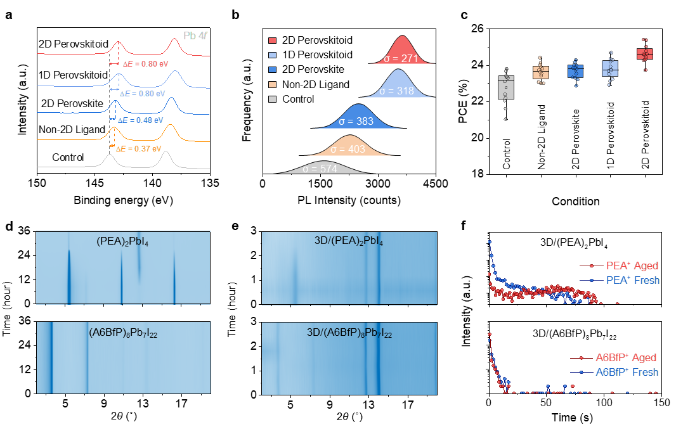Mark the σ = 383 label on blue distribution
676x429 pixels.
coord(356,120)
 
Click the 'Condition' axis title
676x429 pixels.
coord(575,202)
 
